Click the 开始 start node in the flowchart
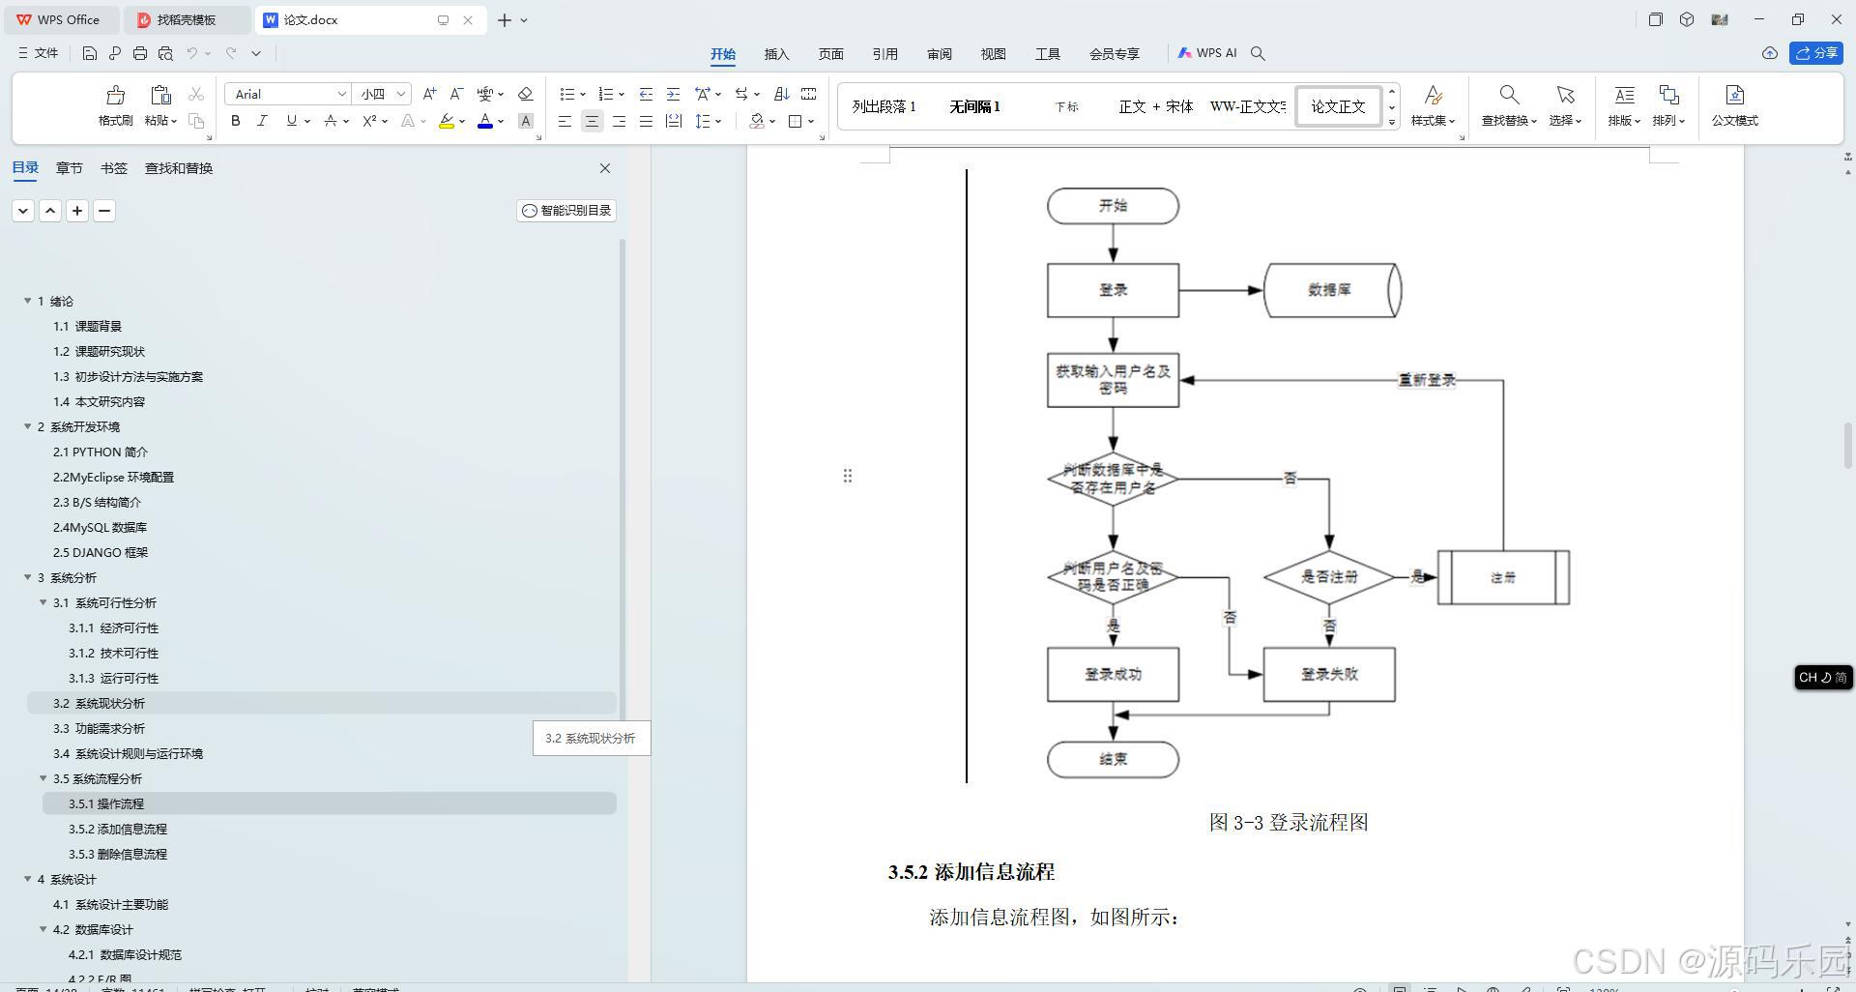(1113, 206)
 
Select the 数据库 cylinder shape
(1331, 290)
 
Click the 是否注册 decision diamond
(1329, 577)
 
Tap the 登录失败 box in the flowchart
(1329, 675)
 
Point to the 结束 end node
(1113, 760)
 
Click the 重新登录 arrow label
(1427, 380)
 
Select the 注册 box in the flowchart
(1503, 578)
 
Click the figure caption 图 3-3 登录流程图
(1289, 823)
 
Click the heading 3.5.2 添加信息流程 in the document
(971, 872)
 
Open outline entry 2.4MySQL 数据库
(100, 528)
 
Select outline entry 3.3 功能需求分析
(99, 729)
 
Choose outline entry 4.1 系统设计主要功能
(110, 905)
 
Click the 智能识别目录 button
(566, 211)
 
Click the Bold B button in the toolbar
(235, 121)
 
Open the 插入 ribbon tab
(776, 54)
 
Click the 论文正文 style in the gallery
(1338, 106)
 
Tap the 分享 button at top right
(1816, 53)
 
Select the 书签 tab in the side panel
(113, 168)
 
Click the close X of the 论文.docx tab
(468, 19)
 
